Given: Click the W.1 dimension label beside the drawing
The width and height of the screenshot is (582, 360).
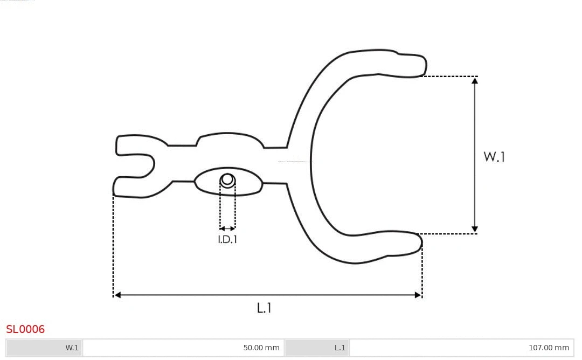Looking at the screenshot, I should click(494, 157).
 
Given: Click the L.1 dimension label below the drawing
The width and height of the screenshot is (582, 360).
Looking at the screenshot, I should click(264, 308).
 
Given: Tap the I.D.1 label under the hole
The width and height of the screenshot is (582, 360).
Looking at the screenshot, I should click(227, 239).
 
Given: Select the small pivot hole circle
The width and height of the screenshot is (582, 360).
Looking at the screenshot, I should click(227, 180).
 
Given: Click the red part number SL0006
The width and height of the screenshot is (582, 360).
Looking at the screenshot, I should click(25, 329).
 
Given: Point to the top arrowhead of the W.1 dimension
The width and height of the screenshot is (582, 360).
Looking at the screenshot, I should click(475, 80).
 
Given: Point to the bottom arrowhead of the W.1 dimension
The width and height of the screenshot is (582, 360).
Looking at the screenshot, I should click(475, 230).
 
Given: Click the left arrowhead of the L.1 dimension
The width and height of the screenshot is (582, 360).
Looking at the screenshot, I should click(117, 295).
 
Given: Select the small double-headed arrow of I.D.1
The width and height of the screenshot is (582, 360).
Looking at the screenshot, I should click(227, 229).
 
